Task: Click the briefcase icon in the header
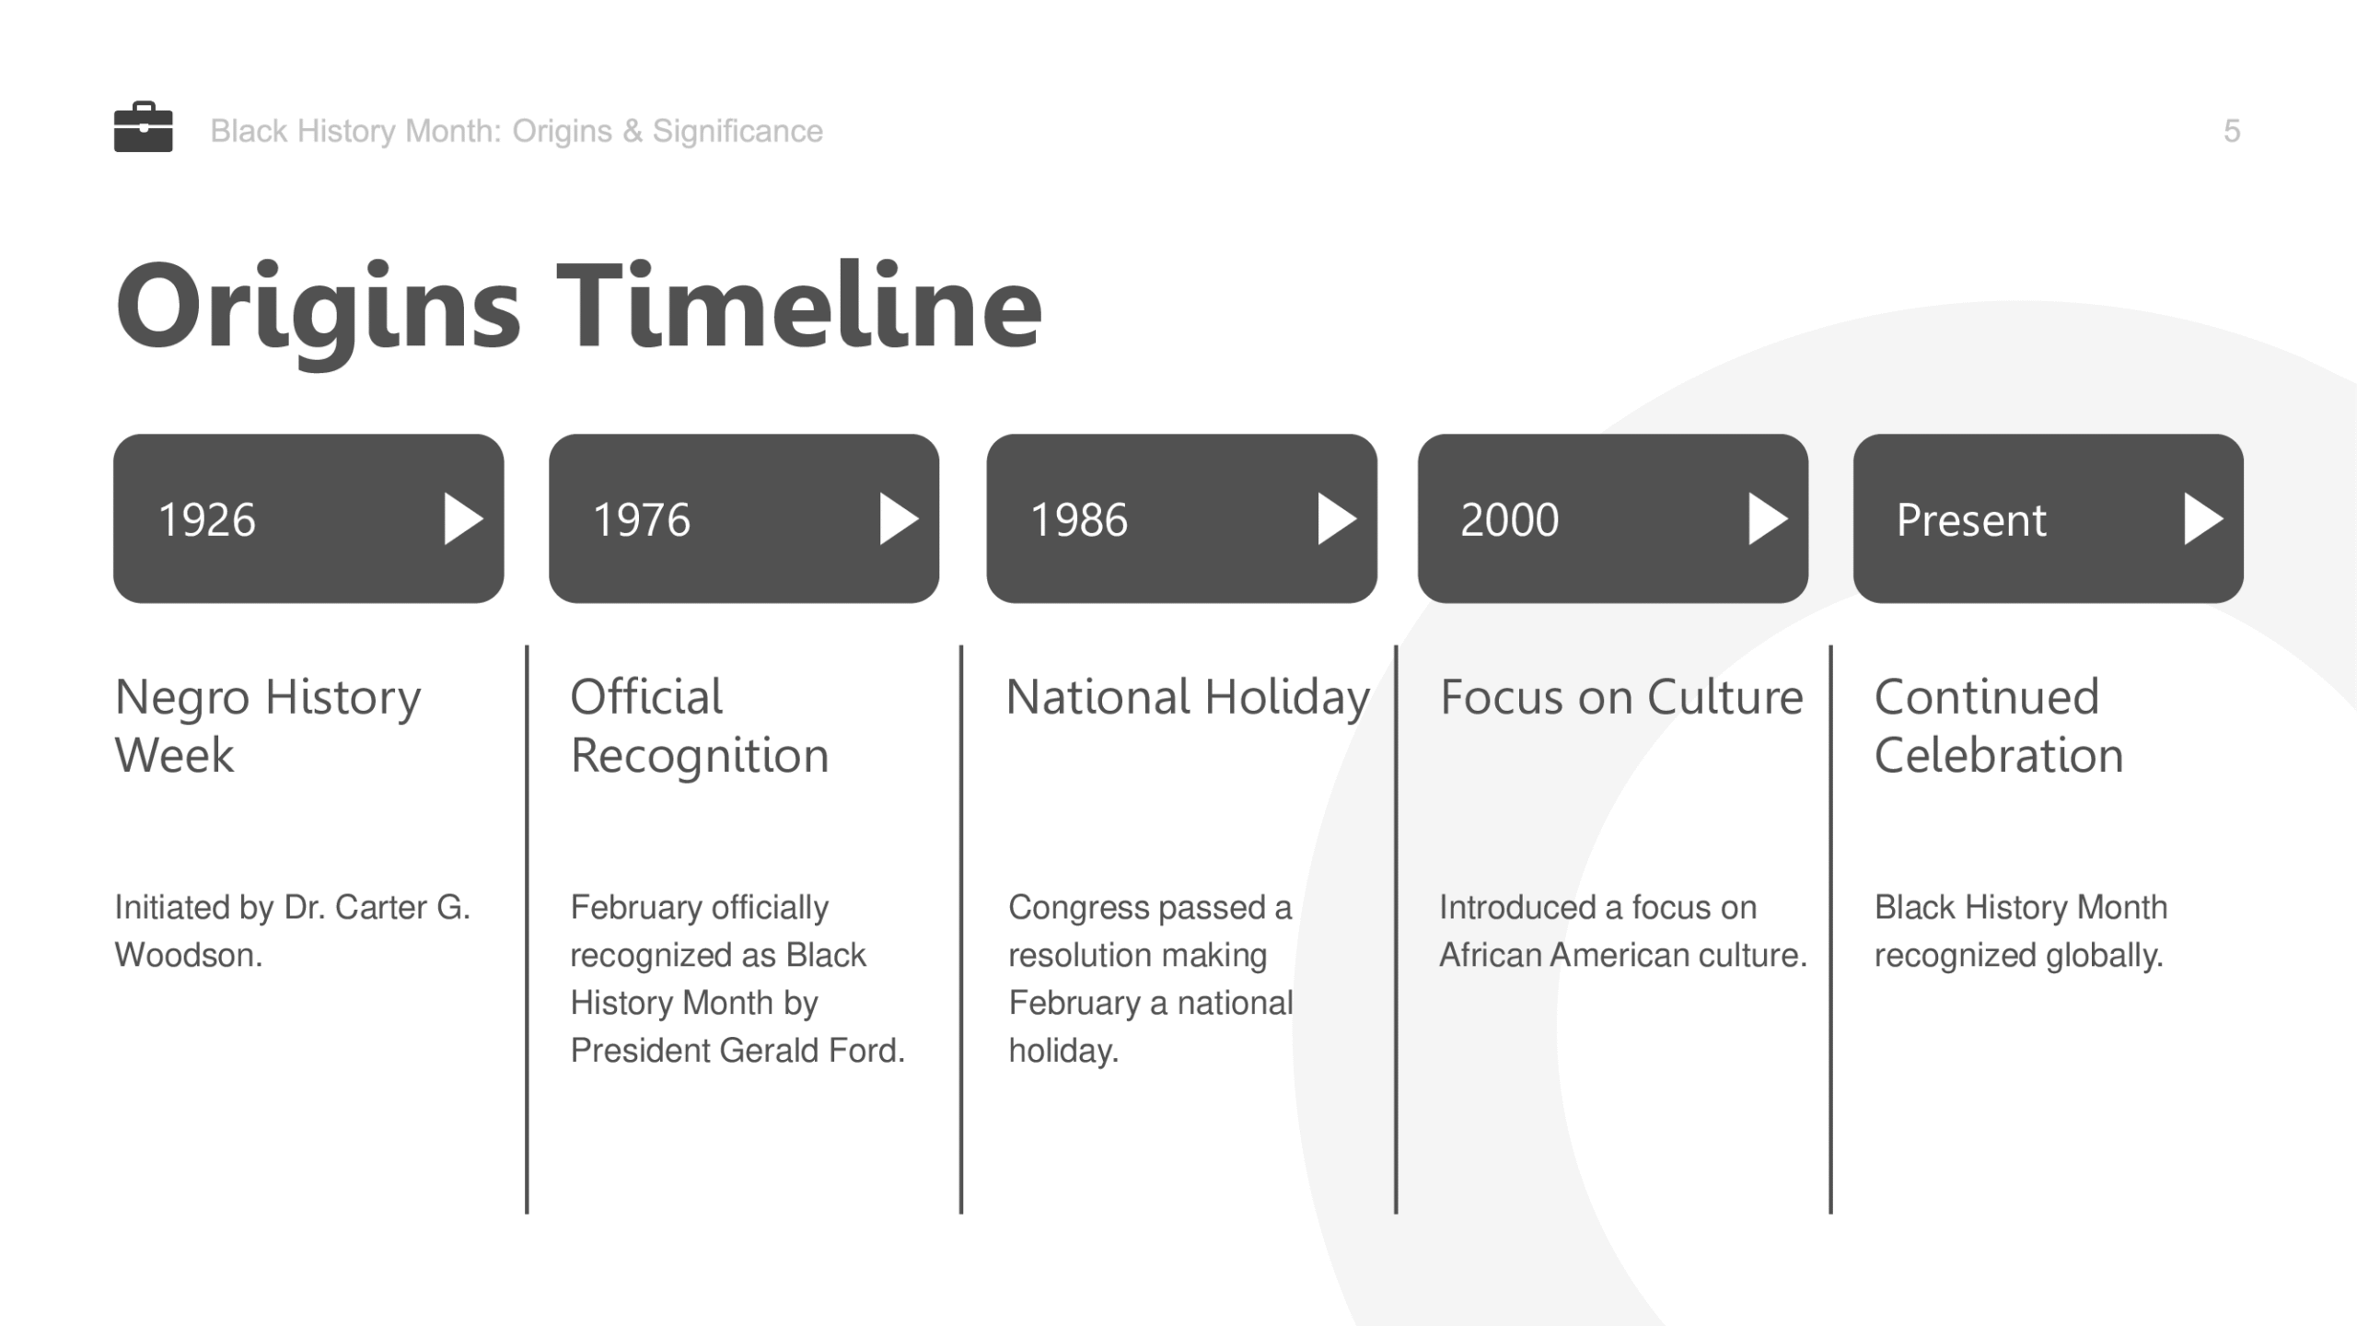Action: point(143,127)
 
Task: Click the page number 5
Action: point(2232,132)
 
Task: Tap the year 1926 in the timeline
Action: point(207,519)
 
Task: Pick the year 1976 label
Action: point(642,519)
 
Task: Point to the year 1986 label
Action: point(1079,519)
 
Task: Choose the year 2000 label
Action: point(1510,519)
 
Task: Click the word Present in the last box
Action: point(1971,520)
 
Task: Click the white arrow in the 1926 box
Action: point(463,519)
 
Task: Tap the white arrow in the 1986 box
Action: point(1337,519)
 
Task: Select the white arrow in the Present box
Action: point(2203,519)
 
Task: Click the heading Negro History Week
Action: point(268,726)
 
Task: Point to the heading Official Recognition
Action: point(700,726)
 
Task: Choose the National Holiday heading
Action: point(1188,698)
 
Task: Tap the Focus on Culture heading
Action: point(1621,697)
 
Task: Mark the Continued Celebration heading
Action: point(1999,726)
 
